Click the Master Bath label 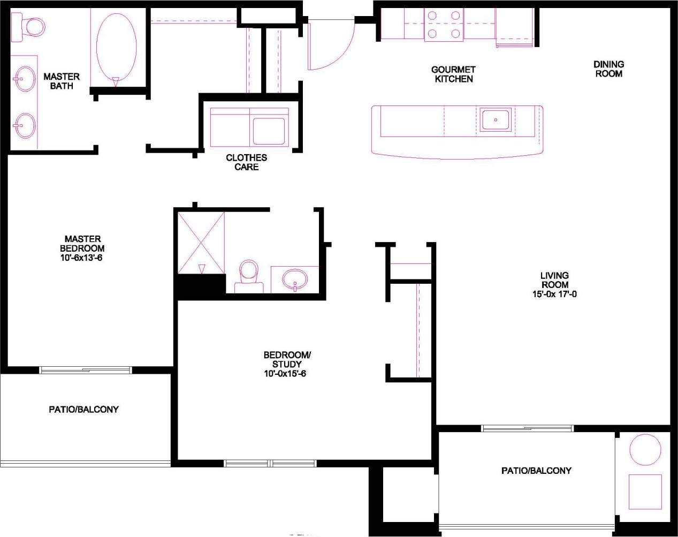pos(61,81)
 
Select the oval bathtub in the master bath pos(116,46)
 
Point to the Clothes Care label pos(246,162)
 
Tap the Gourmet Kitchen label pos(453,74)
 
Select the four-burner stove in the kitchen pos(443,25)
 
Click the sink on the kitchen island pos(496,119)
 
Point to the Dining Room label pos(608,69)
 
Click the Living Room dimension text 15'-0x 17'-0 pos(554,294)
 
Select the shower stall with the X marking pos(201,243)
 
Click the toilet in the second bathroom pos(248,274)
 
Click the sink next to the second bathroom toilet pos(295,278)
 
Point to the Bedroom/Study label pos(287,359)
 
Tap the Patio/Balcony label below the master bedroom pos(83,409)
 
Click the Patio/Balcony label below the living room pos(536,471)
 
